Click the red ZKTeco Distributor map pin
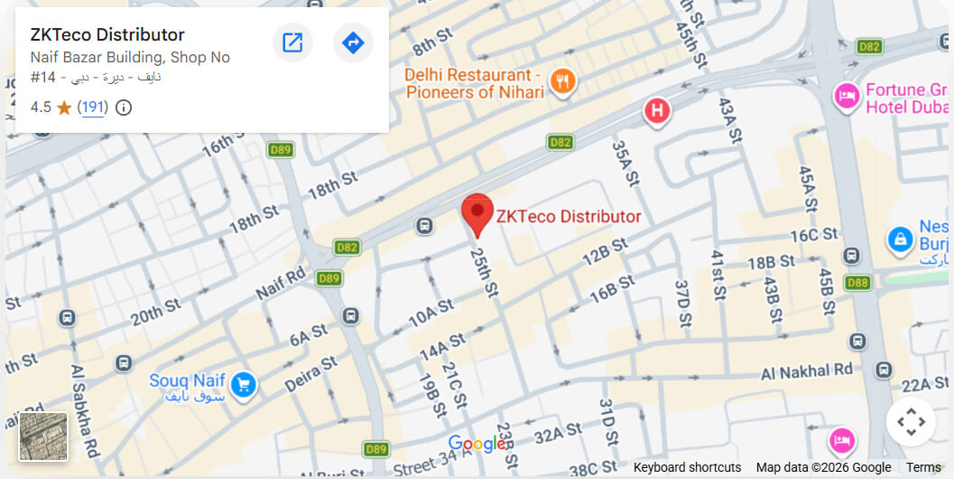(477, 213)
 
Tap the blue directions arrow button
(353, 42)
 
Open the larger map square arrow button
(292, 42)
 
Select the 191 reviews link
(92, 108)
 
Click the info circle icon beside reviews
(124, 108)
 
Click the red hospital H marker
(658, 112)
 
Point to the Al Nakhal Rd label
(806, 371)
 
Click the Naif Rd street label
(281, 284)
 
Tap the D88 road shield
(857, 283)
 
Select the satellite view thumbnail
(43, 437)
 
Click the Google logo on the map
(477, 444)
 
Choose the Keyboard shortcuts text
(687, 467)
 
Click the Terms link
(923, 467)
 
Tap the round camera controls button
(910, 421)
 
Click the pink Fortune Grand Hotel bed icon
(847, 95)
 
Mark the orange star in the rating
(64, 108)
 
